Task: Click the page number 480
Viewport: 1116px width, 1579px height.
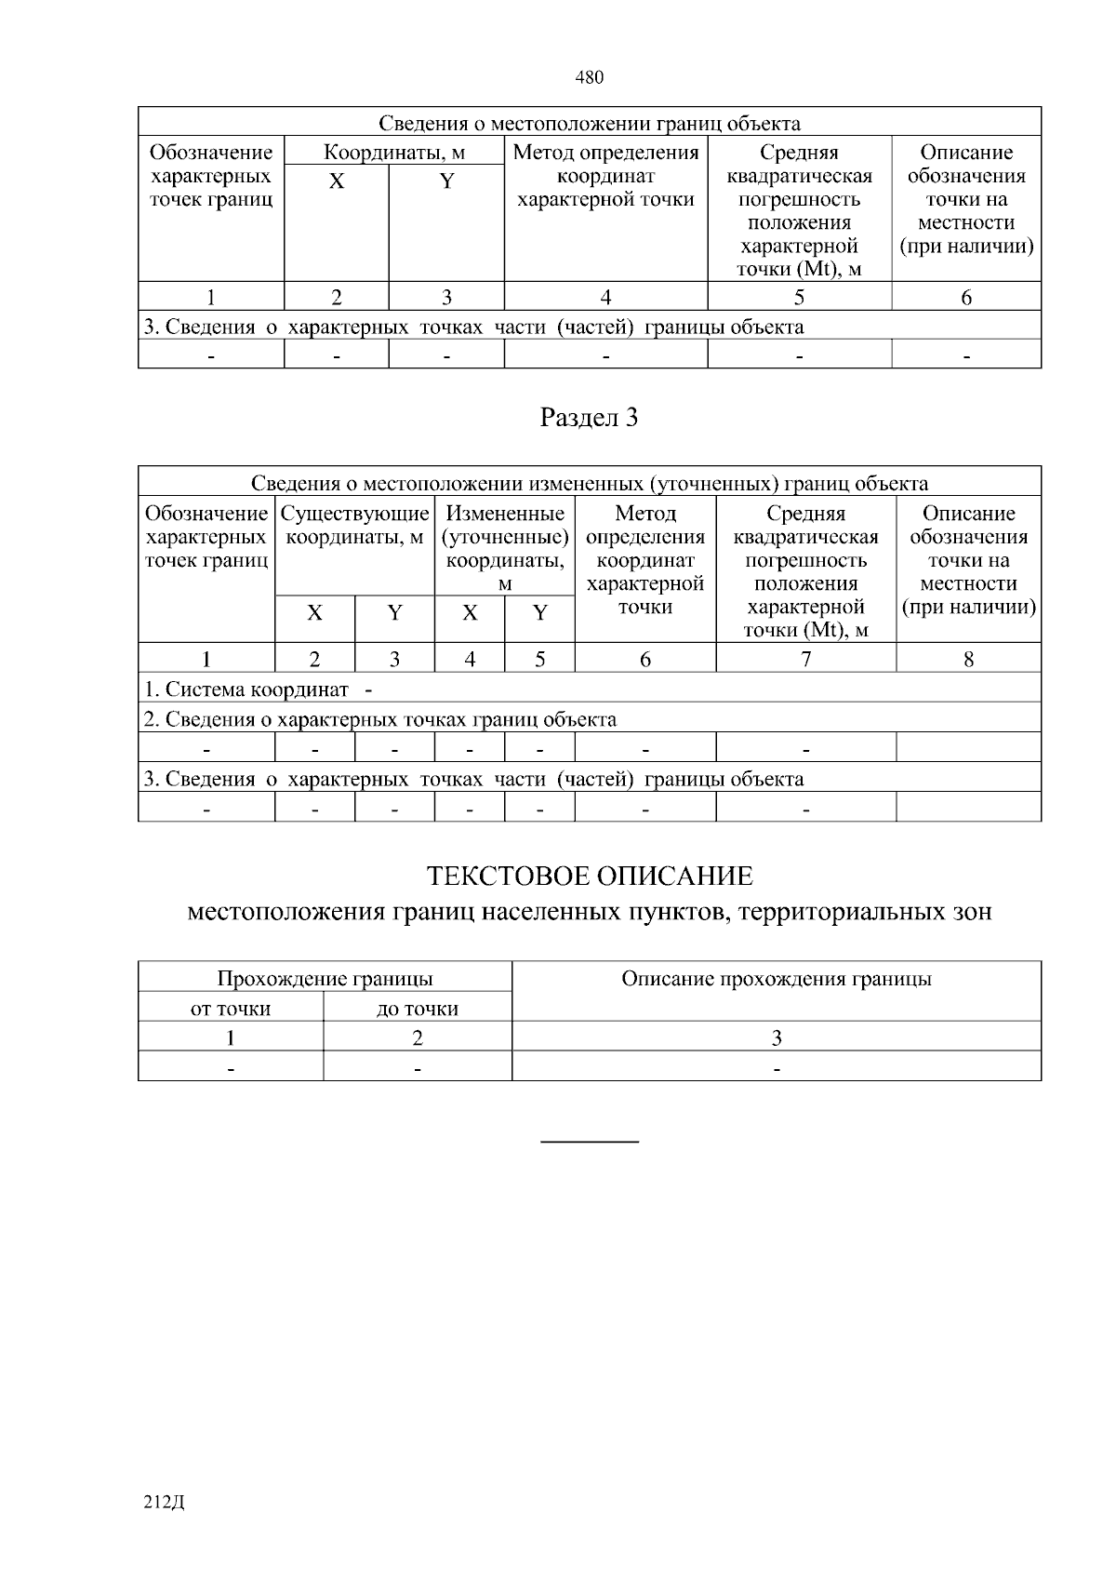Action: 590,78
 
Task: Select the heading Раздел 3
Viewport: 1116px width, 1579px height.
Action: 590,419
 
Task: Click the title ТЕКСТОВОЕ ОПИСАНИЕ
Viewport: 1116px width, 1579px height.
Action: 590,876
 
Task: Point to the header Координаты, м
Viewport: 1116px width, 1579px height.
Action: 393,153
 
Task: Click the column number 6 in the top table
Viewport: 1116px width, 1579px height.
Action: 966,298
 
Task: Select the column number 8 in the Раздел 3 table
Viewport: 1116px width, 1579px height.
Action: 968,660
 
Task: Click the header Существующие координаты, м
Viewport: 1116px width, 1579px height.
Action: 355,526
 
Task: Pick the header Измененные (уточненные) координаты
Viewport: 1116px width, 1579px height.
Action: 505,548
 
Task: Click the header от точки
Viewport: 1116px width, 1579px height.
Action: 231,1009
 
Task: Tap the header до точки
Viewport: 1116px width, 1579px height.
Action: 418,1009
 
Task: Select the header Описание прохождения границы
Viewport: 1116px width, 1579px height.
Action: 777,979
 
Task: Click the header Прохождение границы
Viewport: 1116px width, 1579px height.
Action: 325,979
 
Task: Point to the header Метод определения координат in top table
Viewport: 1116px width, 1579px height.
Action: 605,176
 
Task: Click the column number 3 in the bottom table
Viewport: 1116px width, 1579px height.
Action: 777,1038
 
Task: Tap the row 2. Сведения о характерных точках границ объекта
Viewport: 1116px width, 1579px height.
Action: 379,719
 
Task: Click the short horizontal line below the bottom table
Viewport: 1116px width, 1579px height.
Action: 590,1141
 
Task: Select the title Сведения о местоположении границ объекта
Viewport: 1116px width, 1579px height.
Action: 590,124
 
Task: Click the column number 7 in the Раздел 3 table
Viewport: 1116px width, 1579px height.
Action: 805,660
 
